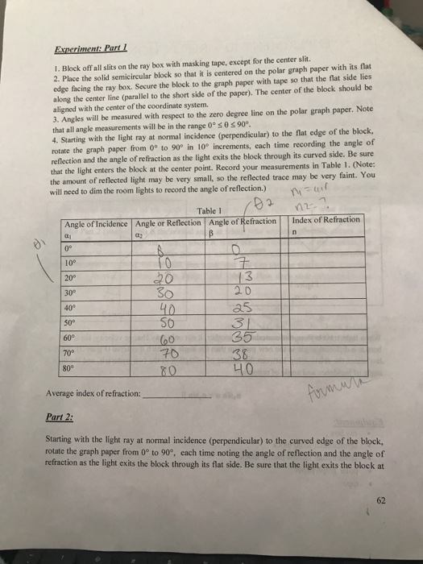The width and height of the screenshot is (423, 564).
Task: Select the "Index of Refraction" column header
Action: tap(326, 221)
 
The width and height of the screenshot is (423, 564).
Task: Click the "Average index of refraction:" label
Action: tap(100, 395)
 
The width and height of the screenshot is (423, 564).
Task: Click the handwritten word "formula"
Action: tap(330, 390)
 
